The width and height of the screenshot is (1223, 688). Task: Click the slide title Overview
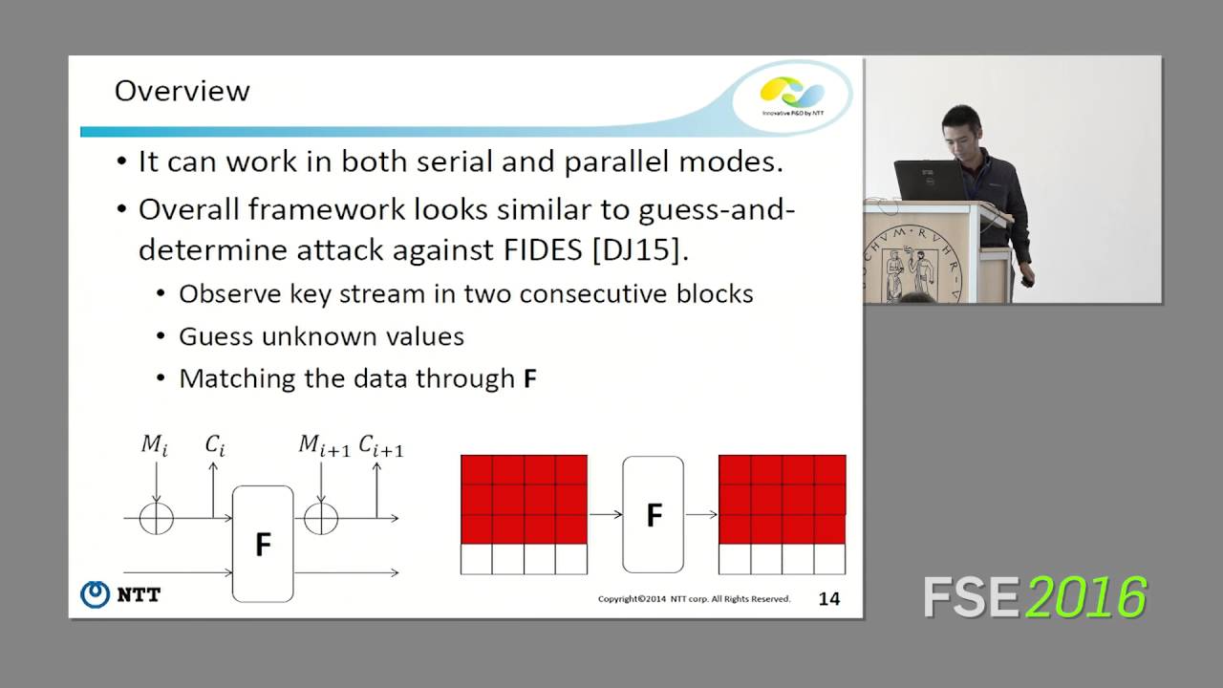(182, 91)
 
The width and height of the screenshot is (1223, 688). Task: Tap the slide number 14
(828, 599)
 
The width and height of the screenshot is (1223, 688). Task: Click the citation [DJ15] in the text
(638, 250)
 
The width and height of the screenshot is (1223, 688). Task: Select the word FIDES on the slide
(539, 250)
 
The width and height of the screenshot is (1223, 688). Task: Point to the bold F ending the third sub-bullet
(530, 378)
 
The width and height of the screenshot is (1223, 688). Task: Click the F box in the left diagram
(263, 544)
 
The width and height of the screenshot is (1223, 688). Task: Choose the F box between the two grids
(654, 514)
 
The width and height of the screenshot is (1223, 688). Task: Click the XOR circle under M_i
(156, 518)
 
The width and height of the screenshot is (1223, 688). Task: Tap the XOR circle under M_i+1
(322, 518)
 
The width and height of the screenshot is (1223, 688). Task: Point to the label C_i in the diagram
(215, 444)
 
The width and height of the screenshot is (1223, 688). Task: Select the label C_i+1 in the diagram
(380, 444)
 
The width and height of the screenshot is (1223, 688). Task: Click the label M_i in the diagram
(153, 444)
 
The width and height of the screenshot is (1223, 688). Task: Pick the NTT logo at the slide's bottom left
(120, 594)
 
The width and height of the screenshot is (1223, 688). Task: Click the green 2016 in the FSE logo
(1086, 598)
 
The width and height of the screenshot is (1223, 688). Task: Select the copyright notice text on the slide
(694, 599)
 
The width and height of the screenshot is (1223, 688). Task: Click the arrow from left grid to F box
(605, 514)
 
